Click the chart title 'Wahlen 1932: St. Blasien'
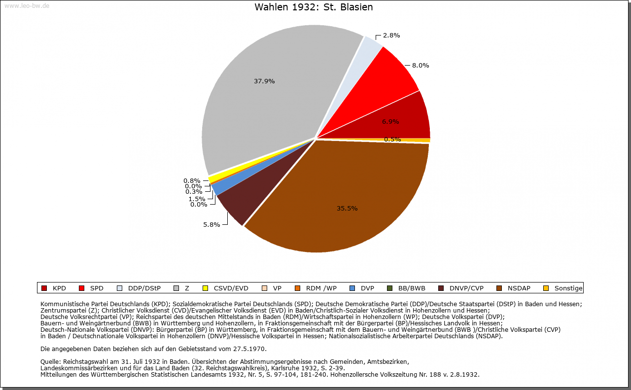click(314, 7)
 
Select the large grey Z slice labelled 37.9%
click(266, 99)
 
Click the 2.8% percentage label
click(391, 35)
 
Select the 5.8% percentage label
click(211, 224)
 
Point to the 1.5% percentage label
click(197, 199)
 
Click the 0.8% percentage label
click(192, 180)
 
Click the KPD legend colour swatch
click(44, 288)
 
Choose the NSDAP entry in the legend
click(517, 288)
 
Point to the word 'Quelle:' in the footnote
click(51, 362)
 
